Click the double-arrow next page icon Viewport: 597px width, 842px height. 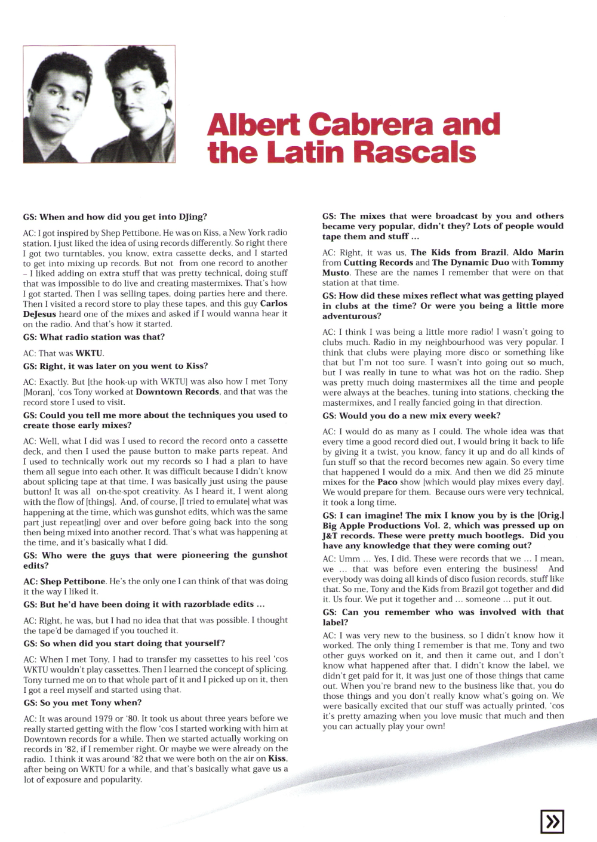(552, 822)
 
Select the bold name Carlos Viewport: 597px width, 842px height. (273, 304)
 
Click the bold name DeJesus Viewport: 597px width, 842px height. (39, 314)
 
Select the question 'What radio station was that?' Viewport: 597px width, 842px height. (94, 337)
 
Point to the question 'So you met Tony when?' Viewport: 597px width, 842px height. (82, 703)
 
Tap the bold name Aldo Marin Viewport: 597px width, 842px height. (538, 252)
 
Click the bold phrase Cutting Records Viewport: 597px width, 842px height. (378, 263)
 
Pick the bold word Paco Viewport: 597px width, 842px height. (387, 482)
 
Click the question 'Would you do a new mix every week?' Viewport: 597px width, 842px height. (411, 416)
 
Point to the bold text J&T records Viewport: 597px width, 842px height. (349, 536)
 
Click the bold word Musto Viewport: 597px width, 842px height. (336, 273)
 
